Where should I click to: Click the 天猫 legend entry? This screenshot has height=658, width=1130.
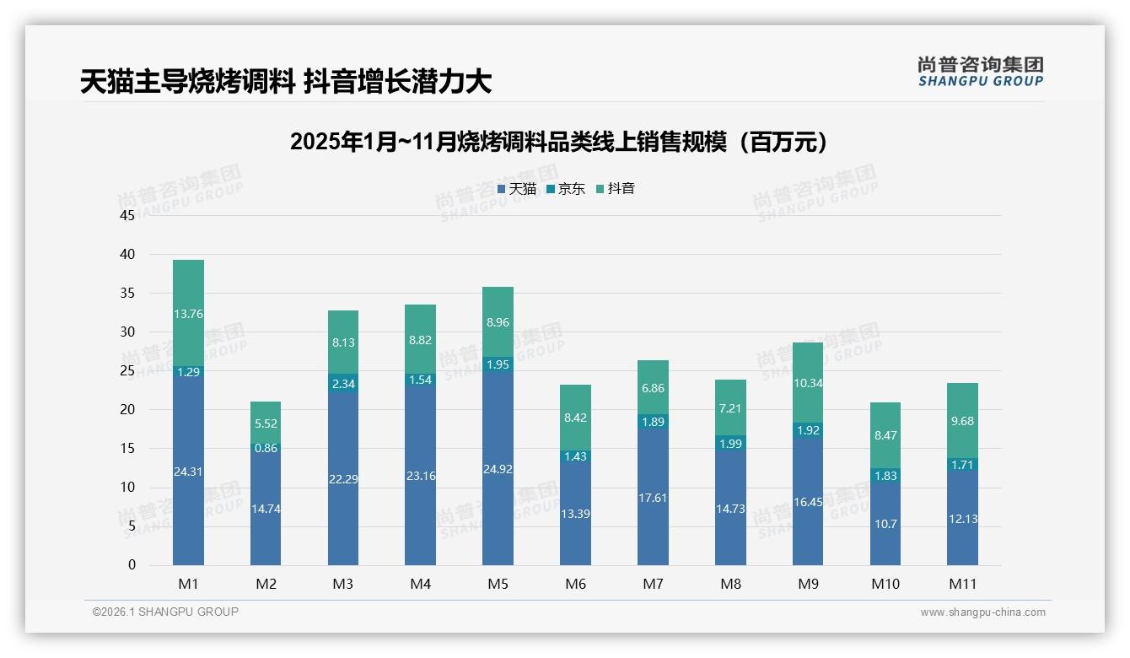click(x=516, y=189)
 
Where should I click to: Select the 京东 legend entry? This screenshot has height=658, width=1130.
click(x=565, y=189)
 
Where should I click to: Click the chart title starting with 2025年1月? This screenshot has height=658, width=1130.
click(x=558, y=142)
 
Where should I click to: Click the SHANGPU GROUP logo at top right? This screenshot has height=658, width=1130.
click(x=980, y=72)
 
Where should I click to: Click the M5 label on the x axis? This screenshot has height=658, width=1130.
click(x=498, y=584)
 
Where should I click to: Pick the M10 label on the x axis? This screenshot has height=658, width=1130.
click(x=885, y=584)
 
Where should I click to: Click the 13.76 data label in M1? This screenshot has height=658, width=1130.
click(x=188, y=314)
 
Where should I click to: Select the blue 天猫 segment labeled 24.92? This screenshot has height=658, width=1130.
click(x=498, y=469)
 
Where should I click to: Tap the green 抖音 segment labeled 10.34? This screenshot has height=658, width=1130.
click(x=807, y=382)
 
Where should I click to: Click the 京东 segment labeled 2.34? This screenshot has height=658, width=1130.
click(x=343, y=384)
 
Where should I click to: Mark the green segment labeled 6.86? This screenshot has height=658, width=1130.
click(x=653, y=387)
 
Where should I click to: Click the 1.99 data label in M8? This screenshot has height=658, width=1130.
click(x=730, y=444)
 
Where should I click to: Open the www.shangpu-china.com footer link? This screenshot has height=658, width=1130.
click(x=982, y=612)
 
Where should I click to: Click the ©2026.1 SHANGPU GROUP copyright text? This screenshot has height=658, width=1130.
click(x=165, y=612)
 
